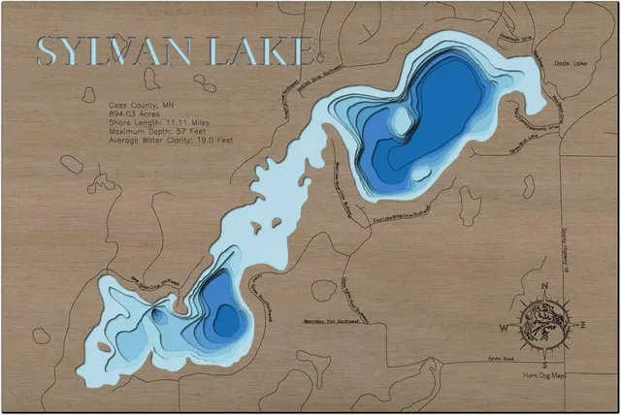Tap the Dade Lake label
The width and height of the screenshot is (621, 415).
[572, 64]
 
